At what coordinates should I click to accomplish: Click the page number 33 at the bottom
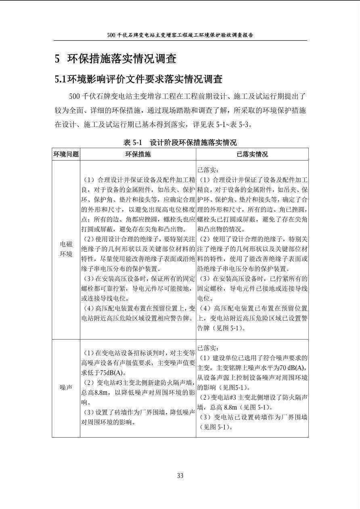(x=180, y=476)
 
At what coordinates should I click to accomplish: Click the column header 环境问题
(x=66, y=154)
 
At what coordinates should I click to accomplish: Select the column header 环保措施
(x=138, y=154)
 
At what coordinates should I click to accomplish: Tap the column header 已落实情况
(x=252, y=154)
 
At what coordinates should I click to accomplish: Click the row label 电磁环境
(x=66, y=249)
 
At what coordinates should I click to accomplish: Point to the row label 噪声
(x=66, y=387)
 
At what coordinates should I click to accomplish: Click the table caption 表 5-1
(x=133, y=142)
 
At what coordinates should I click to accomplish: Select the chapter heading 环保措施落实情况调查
(x=122, y=59)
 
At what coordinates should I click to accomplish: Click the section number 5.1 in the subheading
(x=61, y=79)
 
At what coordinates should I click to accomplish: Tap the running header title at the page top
(x=180, y=35)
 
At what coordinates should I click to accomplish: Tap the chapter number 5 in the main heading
(x=57, y=59)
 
